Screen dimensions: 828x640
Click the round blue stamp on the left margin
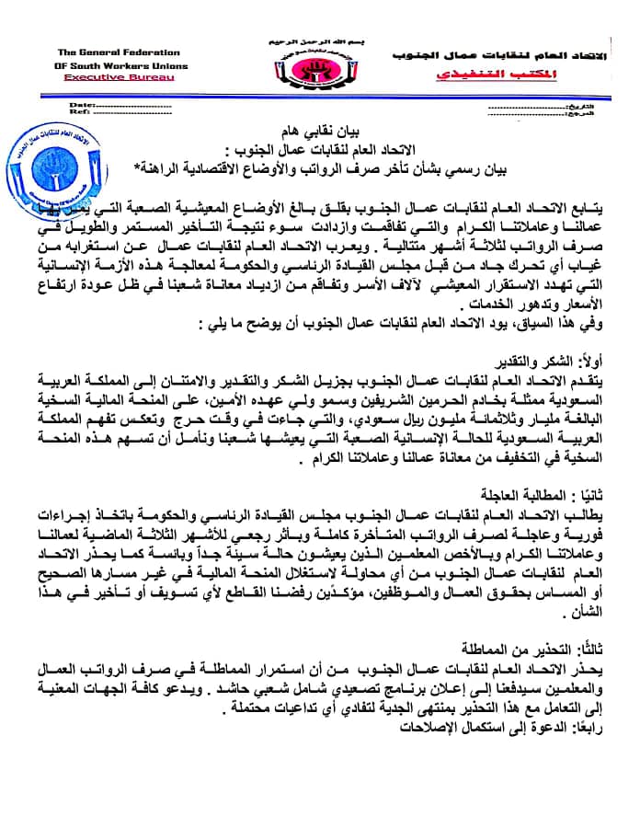(x=57, y=166)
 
